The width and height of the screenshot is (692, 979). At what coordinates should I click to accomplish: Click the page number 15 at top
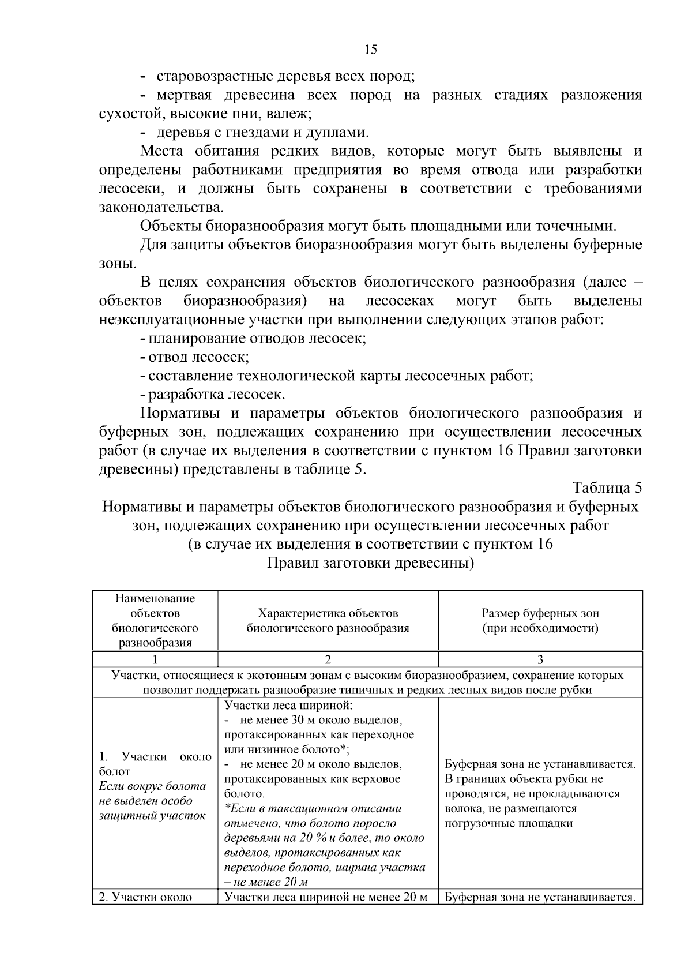[x=371, y=50]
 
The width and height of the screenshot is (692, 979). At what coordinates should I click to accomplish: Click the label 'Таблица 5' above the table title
[x=607, y=488]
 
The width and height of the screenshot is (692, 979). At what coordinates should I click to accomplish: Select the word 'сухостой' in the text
[x=131, y=114]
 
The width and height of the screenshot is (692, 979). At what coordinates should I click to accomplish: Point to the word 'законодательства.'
[x=161, y=207]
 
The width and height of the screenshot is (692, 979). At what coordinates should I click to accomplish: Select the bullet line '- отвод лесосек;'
[x=194, y=357]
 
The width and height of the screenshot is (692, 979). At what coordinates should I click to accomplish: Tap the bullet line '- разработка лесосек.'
[x=212, y=395]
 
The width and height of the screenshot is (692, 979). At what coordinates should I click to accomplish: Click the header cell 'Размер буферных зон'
[x=540, y=613]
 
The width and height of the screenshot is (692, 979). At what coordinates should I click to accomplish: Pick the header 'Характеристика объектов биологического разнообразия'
[x=328, y=621]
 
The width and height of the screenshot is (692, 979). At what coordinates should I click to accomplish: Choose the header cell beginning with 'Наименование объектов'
[x=155, y=620]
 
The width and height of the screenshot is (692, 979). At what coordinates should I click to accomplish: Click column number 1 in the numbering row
[x=155, y=659]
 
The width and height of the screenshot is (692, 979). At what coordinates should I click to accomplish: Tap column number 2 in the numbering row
[x=328, y=659]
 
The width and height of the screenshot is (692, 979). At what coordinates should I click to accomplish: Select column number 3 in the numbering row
[x=540, y=659]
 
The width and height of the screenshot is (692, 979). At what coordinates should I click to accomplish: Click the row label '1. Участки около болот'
[x=155, y=764]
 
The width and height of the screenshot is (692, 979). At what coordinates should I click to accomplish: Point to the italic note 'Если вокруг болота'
[x=152, y=786]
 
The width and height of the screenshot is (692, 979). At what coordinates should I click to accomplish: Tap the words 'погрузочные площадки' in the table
[x=509, y=823]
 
